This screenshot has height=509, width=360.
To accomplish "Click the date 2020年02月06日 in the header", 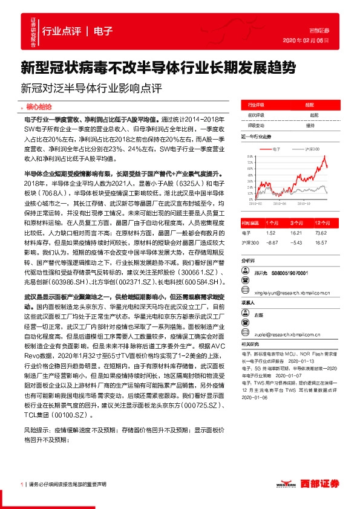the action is [306, 40].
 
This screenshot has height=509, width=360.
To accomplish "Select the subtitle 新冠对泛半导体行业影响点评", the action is [91, 86].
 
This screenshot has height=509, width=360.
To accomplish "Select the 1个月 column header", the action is [270, 222].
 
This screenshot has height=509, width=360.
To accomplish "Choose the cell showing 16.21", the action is [296, 232].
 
